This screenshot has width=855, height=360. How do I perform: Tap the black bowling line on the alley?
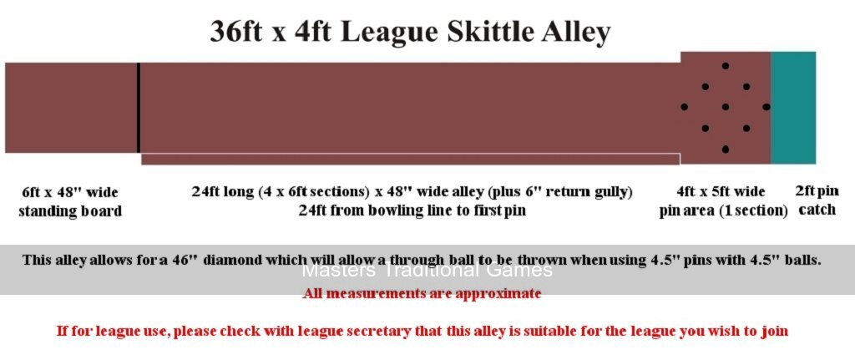coord(139,108)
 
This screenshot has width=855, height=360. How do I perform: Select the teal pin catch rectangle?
coord(793,108)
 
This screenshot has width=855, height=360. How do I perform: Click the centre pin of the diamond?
coord(726,107)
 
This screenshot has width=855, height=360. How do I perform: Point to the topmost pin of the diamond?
coord(726,66)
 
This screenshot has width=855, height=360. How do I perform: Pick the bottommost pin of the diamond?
coord(726,149)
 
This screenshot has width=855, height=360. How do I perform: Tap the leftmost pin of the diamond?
coord(685,107)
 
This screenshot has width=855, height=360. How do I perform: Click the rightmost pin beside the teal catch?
coord(766,107)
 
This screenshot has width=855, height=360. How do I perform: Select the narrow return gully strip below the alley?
coord(411,160)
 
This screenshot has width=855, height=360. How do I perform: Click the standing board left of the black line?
coord(71,108)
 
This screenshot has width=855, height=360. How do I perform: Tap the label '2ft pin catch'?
coord(817,200)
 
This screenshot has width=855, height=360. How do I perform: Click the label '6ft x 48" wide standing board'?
coord(70,201)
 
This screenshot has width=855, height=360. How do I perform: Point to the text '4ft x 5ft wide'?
coord(721,192)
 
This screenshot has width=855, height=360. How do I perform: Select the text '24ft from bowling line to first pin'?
coord(412,210)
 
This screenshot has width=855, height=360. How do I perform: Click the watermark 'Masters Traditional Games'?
coord(427,270)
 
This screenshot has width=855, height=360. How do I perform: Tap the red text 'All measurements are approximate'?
coord(422,294)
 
